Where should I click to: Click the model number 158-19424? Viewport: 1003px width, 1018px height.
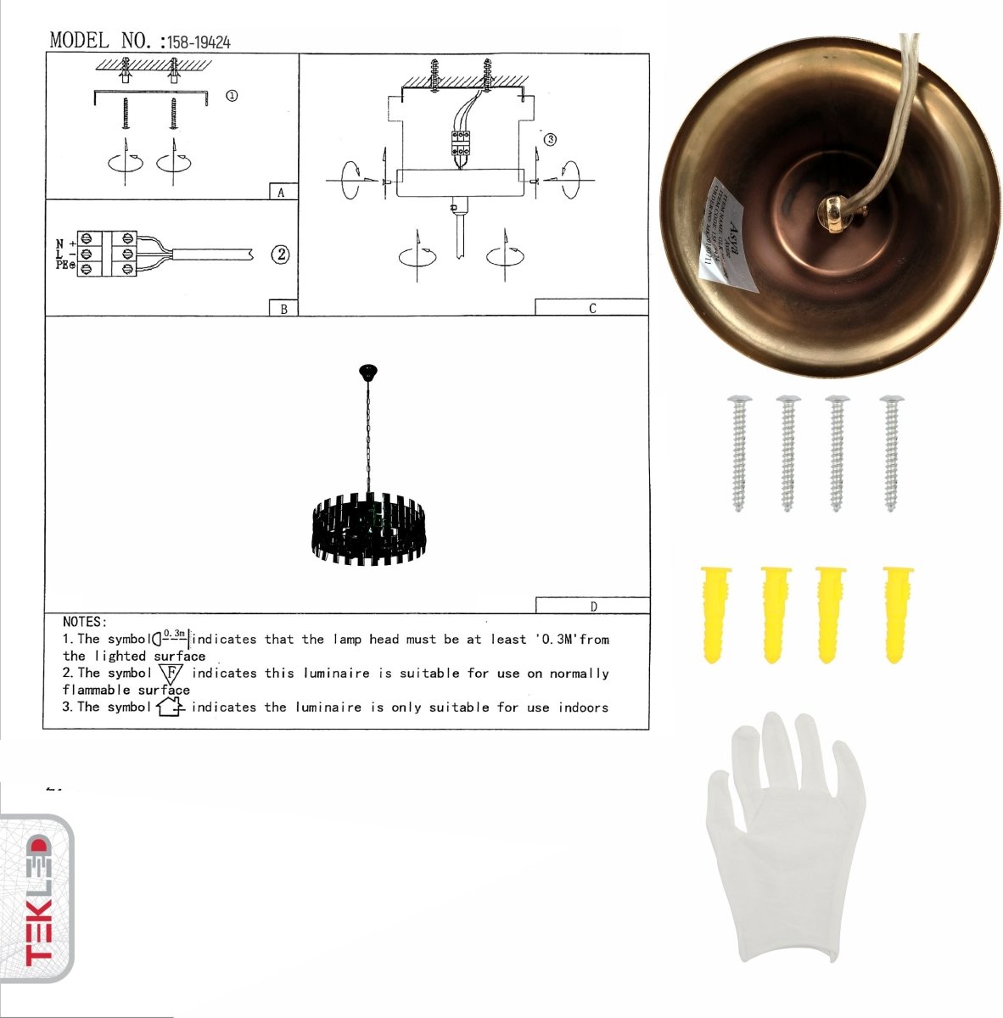199,42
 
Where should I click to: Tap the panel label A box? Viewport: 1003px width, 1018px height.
282,192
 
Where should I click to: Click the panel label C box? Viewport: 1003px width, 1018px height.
591,308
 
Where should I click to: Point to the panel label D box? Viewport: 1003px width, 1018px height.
592,606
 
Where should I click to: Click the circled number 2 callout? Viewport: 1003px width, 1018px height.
280,254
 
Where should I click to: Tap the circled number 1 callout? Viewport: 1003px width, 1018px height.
231,95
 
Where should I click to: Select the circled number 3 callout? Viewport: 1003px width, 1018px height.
550,139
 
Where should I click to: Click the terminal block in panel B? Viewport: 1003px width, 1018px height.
106,254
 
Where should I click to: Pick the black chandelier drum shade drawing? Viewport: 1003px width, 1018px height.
368,530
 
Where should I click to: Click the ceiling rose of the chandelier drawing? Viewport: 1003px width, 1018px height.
368,372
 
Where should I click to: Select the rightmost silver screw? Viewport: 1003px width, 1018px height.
891,452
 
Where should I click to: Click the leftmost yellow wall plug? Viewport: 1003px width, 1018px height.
714,612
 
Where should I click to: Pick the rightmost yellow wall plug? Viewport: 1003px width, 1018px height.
897,612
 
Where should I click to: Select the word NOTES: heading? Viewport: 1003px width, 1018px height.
85,622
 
